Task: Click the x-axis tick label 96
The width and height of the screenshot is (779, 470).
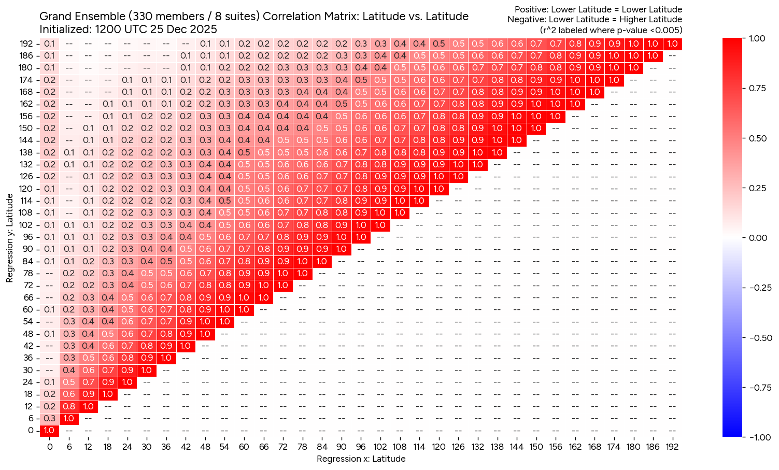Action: coord(361,447)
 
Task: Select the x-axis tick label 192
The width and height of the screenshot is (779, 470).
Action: coord(672,447)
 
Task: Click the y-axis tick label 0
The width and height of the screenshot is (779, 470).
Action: coord(31,430)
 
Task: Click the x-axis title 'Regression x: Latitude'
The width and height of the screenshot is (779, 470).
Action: coord(361,459)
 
